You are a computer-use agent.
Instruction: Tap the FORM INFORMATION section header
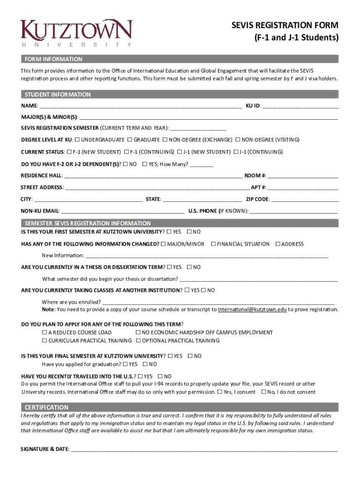point(53,59)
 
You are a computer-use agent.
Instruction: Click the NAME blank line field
point(140,105)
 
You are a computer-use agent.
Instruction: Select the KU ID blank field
point(300,105)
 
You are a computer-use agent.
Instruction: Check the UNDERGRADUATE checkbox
point(78,140)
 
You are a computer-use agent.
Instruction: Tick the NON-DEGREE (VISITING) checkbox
point(238,140)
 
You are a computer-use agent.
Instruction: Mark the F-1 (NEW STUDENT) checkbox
point(69,152)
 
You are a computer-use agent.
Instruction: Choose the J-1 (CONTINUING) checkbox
point(236,152)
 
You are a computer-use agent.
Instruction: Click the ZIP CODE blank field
point(304,199)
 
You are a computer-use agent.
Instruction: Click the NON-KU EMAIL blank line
point(122,211)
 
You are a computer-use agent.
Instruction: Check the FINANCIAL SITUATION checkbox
point(213,244)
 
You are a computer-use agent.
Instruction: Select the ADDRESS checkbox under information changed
point(278,244)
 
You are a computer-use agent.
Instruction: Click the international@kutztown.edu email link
point(252,310)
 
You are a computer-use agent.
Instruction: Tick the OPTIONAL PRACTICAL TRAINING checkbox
point(138,341)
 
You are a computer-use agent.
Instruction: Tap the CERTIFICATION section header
point(46,407)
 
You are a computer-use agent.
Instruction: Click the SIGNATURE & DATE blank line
point(204,450)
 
